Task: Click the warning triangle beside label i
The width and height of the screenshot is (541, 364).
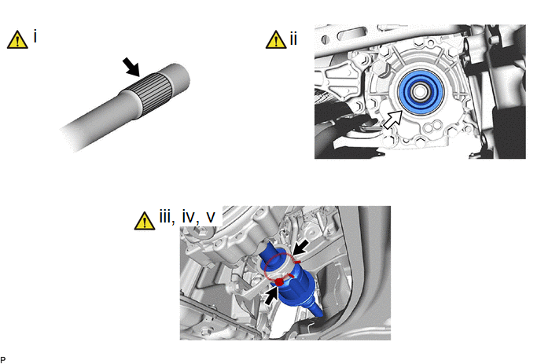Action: (x=17, y=39)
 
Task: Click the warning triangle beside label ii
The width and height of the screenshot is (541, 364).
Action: (x=276, y=39)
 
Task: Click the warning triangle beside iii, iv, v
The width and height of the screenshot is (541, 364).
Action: (x=145, y=221)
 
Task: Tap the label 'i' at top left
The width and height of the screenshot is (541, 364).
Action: (x=35, y=36)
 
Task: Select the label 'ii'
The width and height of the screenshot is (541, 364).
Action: (x=293, y=39)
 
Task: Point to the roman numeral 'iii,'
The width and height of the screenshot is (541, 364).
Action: (x=167, y=217)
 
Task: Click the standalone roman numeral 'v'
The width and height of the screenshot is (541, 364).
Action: (x=211, y=217)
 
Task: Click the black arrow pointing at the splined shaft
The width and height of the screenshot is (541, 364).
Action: (x=131, y=67)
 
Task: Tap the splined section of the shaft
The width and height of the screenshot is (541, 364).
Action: (x=156, y=93)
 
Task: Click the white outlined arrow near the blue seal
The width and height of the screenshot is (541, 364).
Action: (x=393, y=119)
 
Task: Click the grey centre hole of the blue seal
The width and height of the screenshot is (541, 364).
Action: (x=420, y=92)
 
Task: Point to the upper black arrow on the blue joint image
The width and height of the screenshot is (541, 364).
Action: (x=300, y=248)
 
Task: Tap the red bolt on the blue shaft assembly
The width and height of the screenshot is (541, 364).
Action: (x=279, y=282)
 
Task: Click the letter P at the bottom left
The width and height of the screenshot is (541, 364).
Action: (x=3, y=360)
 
